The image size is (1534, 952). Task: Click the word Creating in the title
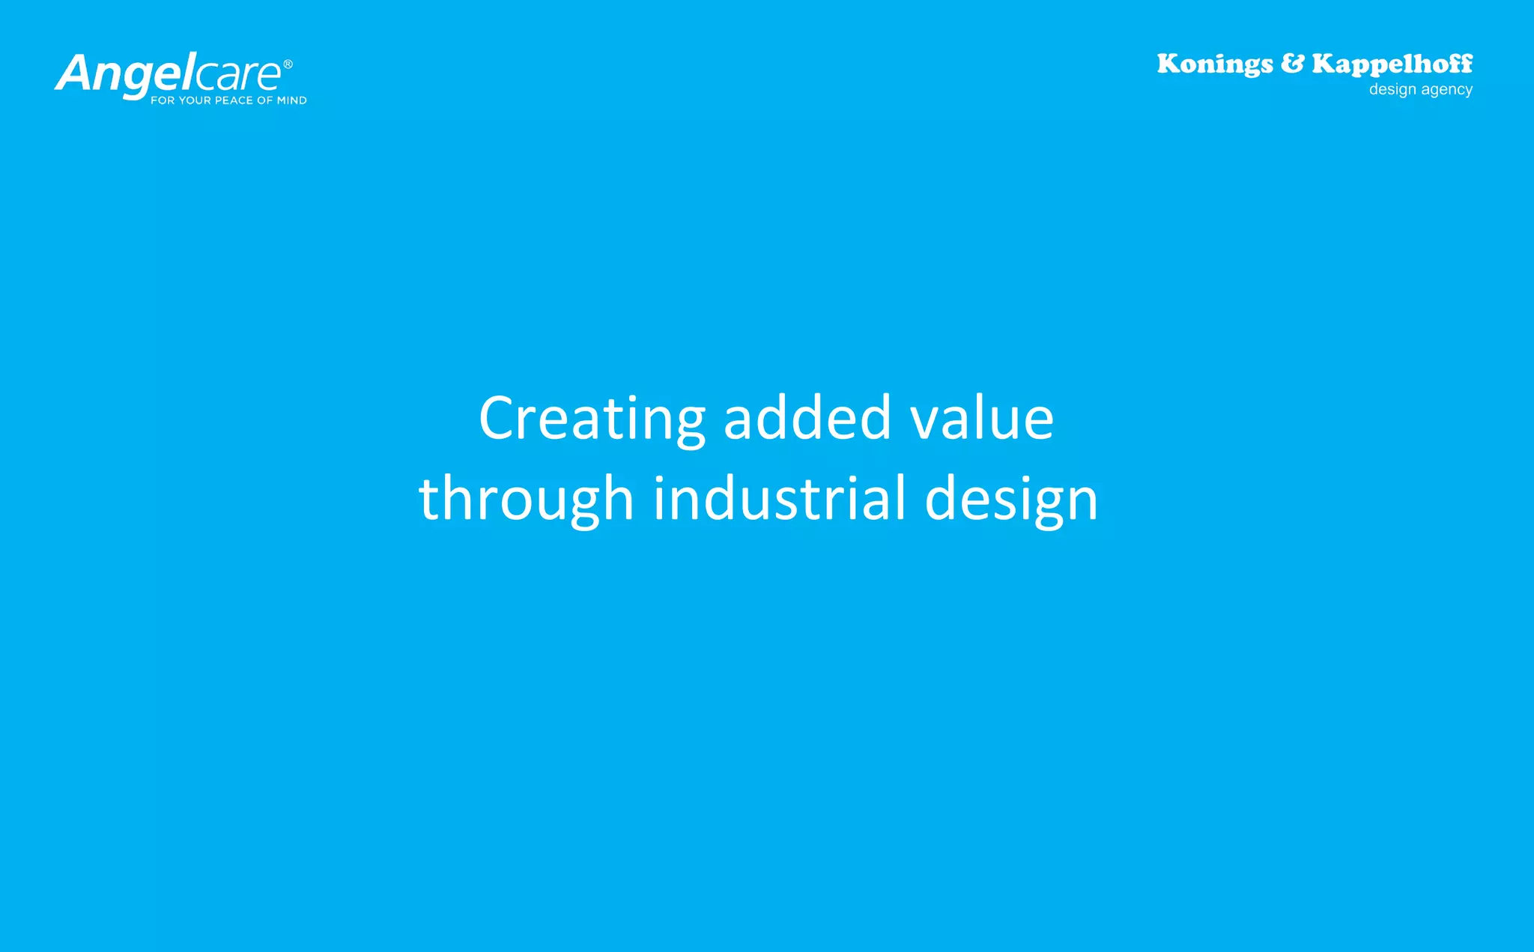[592, 419]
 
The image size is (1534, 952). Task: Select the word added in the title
[807, 419]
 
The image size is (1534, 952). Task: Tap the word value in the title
[982, 419]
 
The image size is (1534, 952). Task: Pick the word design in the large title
[1011, 500]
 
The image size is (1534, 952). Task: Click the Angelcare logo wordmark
[169, 74]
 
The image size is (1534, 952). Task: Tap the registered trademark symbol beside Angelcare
[288, 64]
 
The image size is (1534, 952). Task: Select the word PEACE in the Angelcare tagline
[234, 100]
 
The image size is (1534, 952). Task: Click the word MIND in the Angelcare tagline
[292, 100]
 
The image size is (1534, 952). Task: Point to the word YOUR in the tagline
[195, 100]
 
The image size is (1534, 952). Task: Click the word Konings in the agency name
[1214, 64]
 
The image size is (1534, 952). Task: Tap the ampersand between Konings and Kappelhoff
[1292, 64]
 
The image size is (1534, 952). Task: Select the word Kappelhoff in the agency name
[1392, 64]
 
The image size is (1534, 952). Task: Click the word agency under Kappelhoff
[1447, 90]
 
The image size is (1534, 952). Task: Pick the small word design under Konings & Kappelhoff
[1392, 90]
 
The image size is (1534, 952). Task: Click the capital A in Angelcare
[73, 74]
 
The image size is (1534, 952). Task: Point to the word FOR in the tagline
[162, 100]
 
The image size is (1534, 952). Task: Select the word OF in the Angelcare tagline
[265, 100]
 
